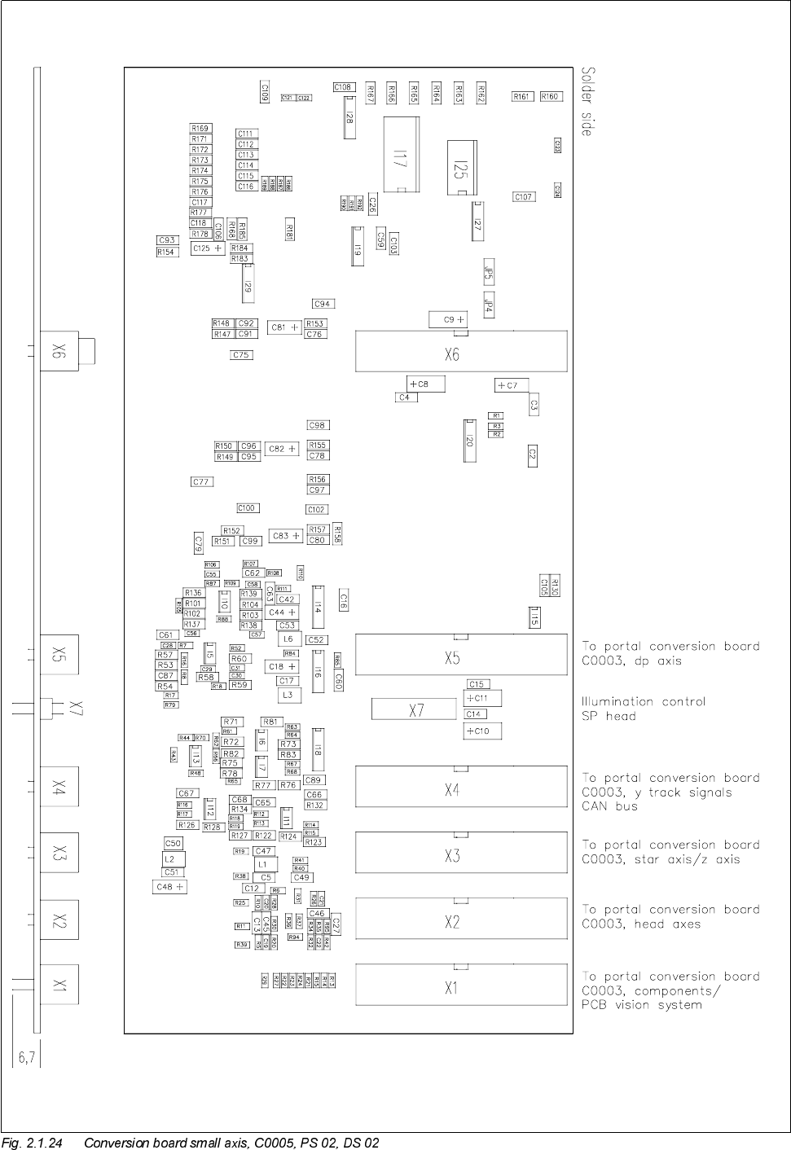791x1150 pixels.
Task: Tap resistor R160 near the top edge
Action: click(550, 96)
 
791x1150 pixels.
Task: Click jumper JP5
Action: click(488, 275)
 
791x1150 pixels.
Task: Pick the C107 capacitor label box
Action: click(523, 197)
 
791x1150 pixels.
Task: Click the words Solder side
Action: click(587, 101)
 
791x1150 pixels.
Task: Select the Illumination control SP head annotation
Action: click(644, 709)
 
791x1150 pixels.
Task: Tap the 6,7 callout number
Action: click(24, 1057)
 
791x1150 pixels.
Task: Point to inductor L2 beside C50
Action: click(169, 858)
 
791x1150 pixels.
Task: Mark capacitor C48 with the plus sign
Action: click(169, 886)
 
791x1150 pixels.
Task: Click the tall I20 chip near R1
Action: click(469, 441)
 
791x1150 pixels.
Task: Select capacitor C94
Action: click(323, 304)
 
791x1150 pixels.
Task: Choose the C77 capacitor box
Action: click(201, 482)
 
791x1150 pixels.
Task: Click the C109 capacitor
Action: click(265, 91)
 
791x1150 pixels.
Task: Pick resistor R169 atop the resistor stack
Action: click(200, 129)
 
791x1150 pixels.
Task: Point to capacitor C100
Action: click(247, 508)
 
